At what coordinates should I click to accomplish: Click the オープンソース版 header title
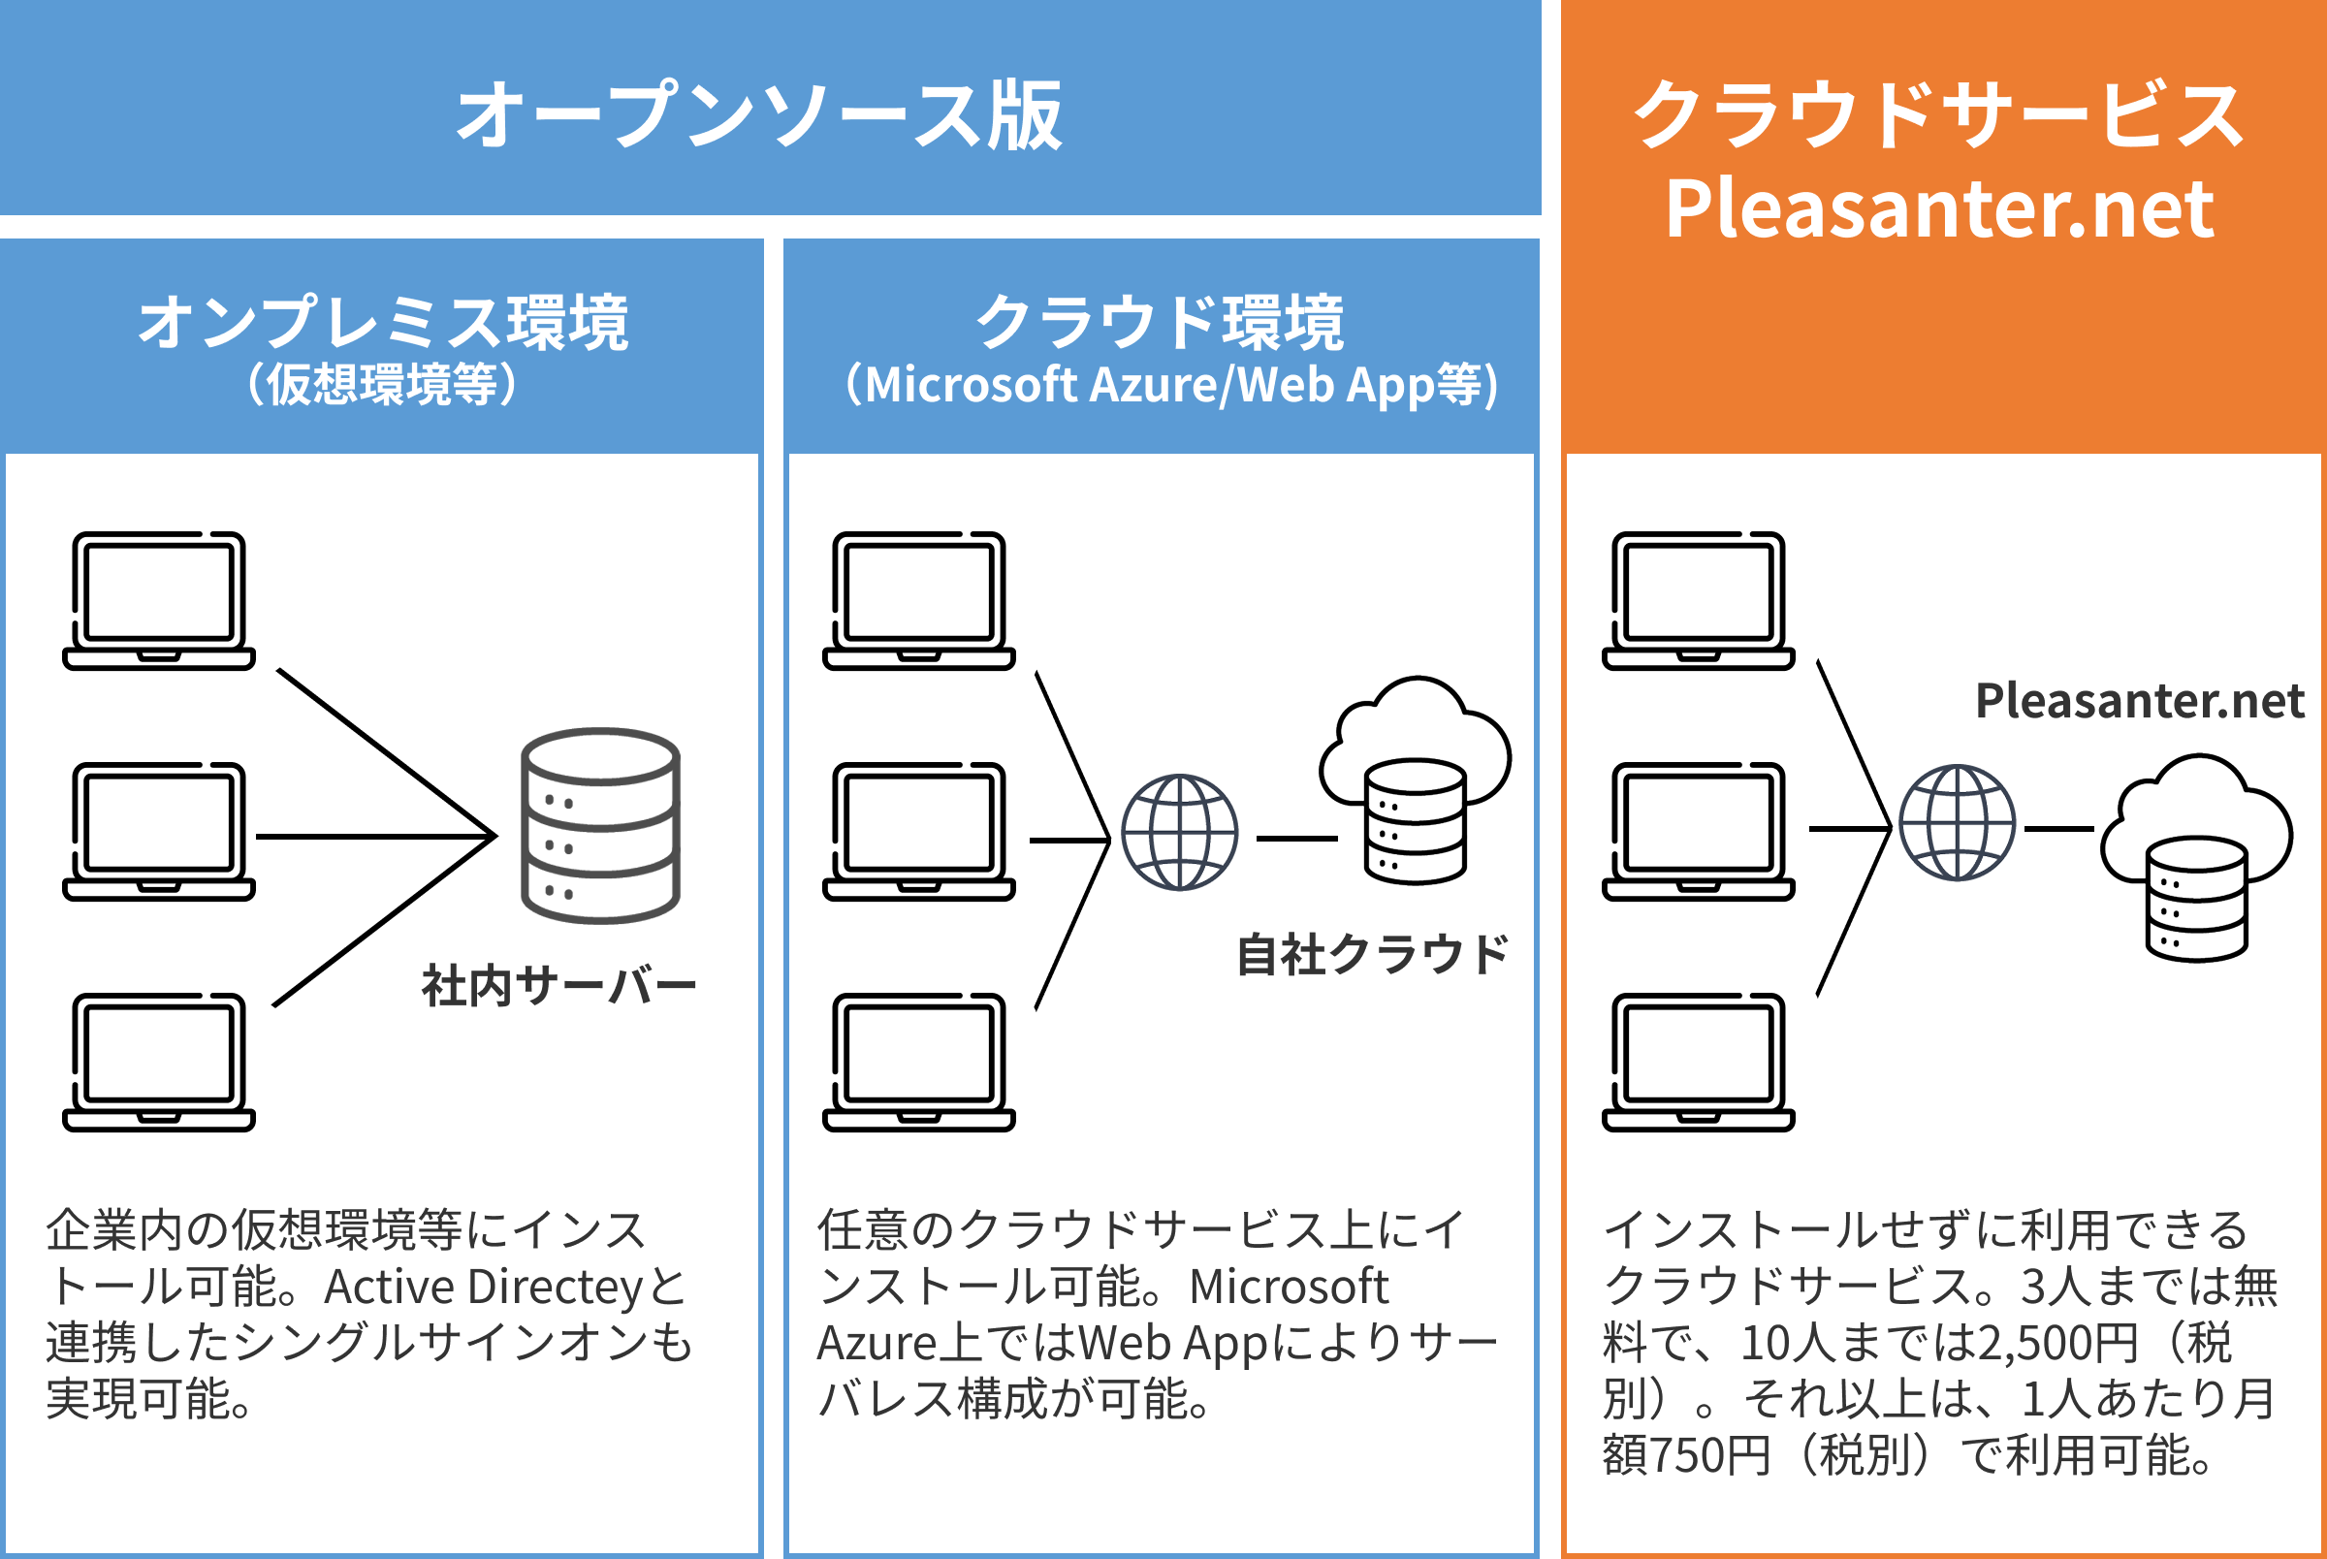(x=759, y=116)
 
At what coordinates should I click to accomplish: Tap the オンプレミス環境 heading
(x=383, y=323)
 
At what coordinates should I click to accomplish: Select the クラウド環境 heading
(x=1160, y=323)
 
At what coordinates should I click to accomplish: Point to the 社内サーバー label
(x=558, y=986)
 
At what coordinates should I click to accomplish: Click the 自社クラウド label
(x=1373, y=954)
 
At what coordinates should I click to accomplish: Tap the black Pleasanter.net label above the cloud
(x=2139, y=701)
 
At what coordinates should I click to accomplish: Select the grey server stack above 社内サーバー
(x=600, y=825)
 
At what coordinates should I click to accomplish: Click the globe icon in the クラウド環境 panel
(x=1180, y=832)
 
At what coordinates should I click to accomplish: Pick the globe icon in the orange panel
(x=1958, y=823)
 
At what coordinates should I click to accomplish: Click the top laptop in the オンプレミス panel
(x=159, y=600)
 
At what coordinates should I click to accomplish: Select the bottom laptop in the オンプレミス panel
(x=159, y=1062)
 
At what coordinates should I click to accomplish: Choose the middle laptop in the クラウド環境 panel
(x=918, y=831)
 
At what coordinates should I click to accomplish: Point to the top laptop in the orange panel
(x=1698, y=600)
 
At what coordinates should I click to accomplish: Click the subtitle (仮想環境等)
(x=383, y=385)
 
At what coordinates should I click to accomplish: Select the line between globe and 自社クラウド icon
(x=1296, y=839)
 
